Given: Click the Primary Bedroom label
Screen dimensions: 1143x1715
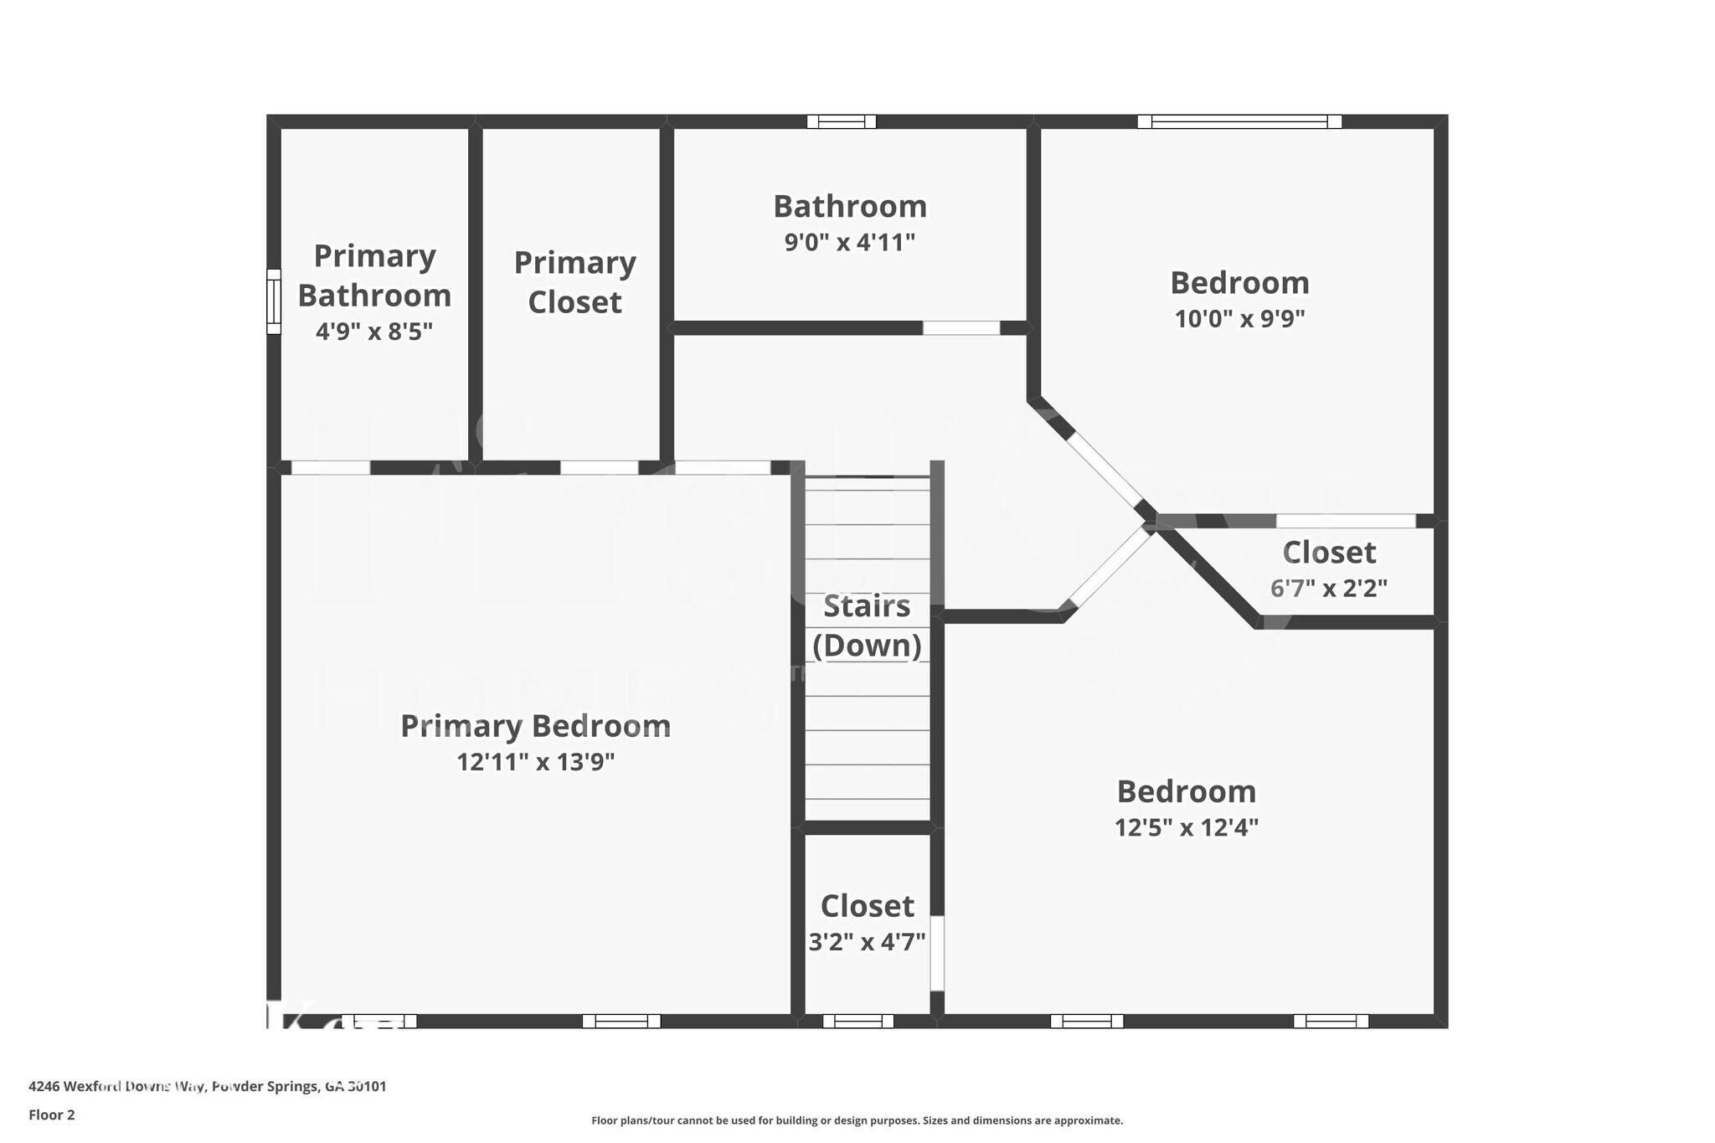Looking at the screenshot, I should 535,726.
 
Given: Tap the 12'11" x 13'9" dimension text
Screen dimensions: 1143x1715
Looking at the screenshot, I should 535,762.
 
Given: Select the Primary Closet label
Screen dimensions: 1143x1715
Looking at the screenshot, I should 574,282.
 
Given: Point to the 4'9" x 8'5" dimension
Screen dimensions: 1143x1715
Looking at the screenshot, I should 373,332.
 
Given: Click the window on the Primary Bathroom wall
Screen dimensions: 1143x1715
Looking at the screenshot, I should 274,301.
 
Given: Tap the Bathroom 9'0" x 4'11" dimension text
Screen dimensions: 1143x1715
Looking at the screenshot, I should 849,243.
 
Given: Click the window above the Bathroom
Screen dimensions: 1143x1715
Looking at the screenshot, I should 842,121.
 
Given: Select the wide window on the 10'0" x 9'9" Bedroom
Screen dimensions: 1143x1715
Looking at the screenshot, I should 1239,121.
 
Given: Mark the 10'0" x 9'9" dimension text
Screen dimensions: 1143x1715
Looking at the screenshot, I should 1239,319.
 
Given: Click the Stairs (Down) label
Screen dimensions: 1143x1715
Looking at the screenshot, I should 867,626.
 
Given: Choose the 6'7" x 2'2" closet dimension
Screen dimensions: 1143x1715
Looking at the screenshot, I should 1328,589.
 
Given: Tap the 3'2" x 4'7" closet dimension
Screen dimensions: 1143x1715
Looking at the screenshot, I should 867,942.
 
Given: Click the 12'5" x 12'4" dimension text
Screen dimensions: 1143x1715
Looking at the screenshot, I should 1186,828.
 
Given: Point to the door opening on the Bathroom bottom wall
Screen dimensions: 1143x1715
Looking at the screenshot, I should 961,328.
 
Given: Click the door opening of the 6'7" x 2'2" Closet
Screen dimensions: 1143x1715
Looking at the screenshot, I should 1346,521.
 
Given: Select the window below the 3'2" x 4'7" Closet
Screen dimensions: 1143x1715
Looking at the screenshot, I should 858,1021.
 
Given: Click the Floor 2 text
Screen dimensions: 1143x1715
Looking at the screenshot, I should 52,1115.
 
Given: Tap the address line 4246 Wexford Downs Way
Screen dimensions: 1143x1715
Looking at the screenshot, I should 207,1086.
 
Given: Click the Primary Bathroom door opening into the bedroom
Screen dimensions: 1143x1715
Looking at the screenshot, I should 331,467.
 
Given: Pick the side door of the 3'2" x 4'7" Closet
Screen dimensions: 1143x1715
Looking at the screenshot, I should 937,953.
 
